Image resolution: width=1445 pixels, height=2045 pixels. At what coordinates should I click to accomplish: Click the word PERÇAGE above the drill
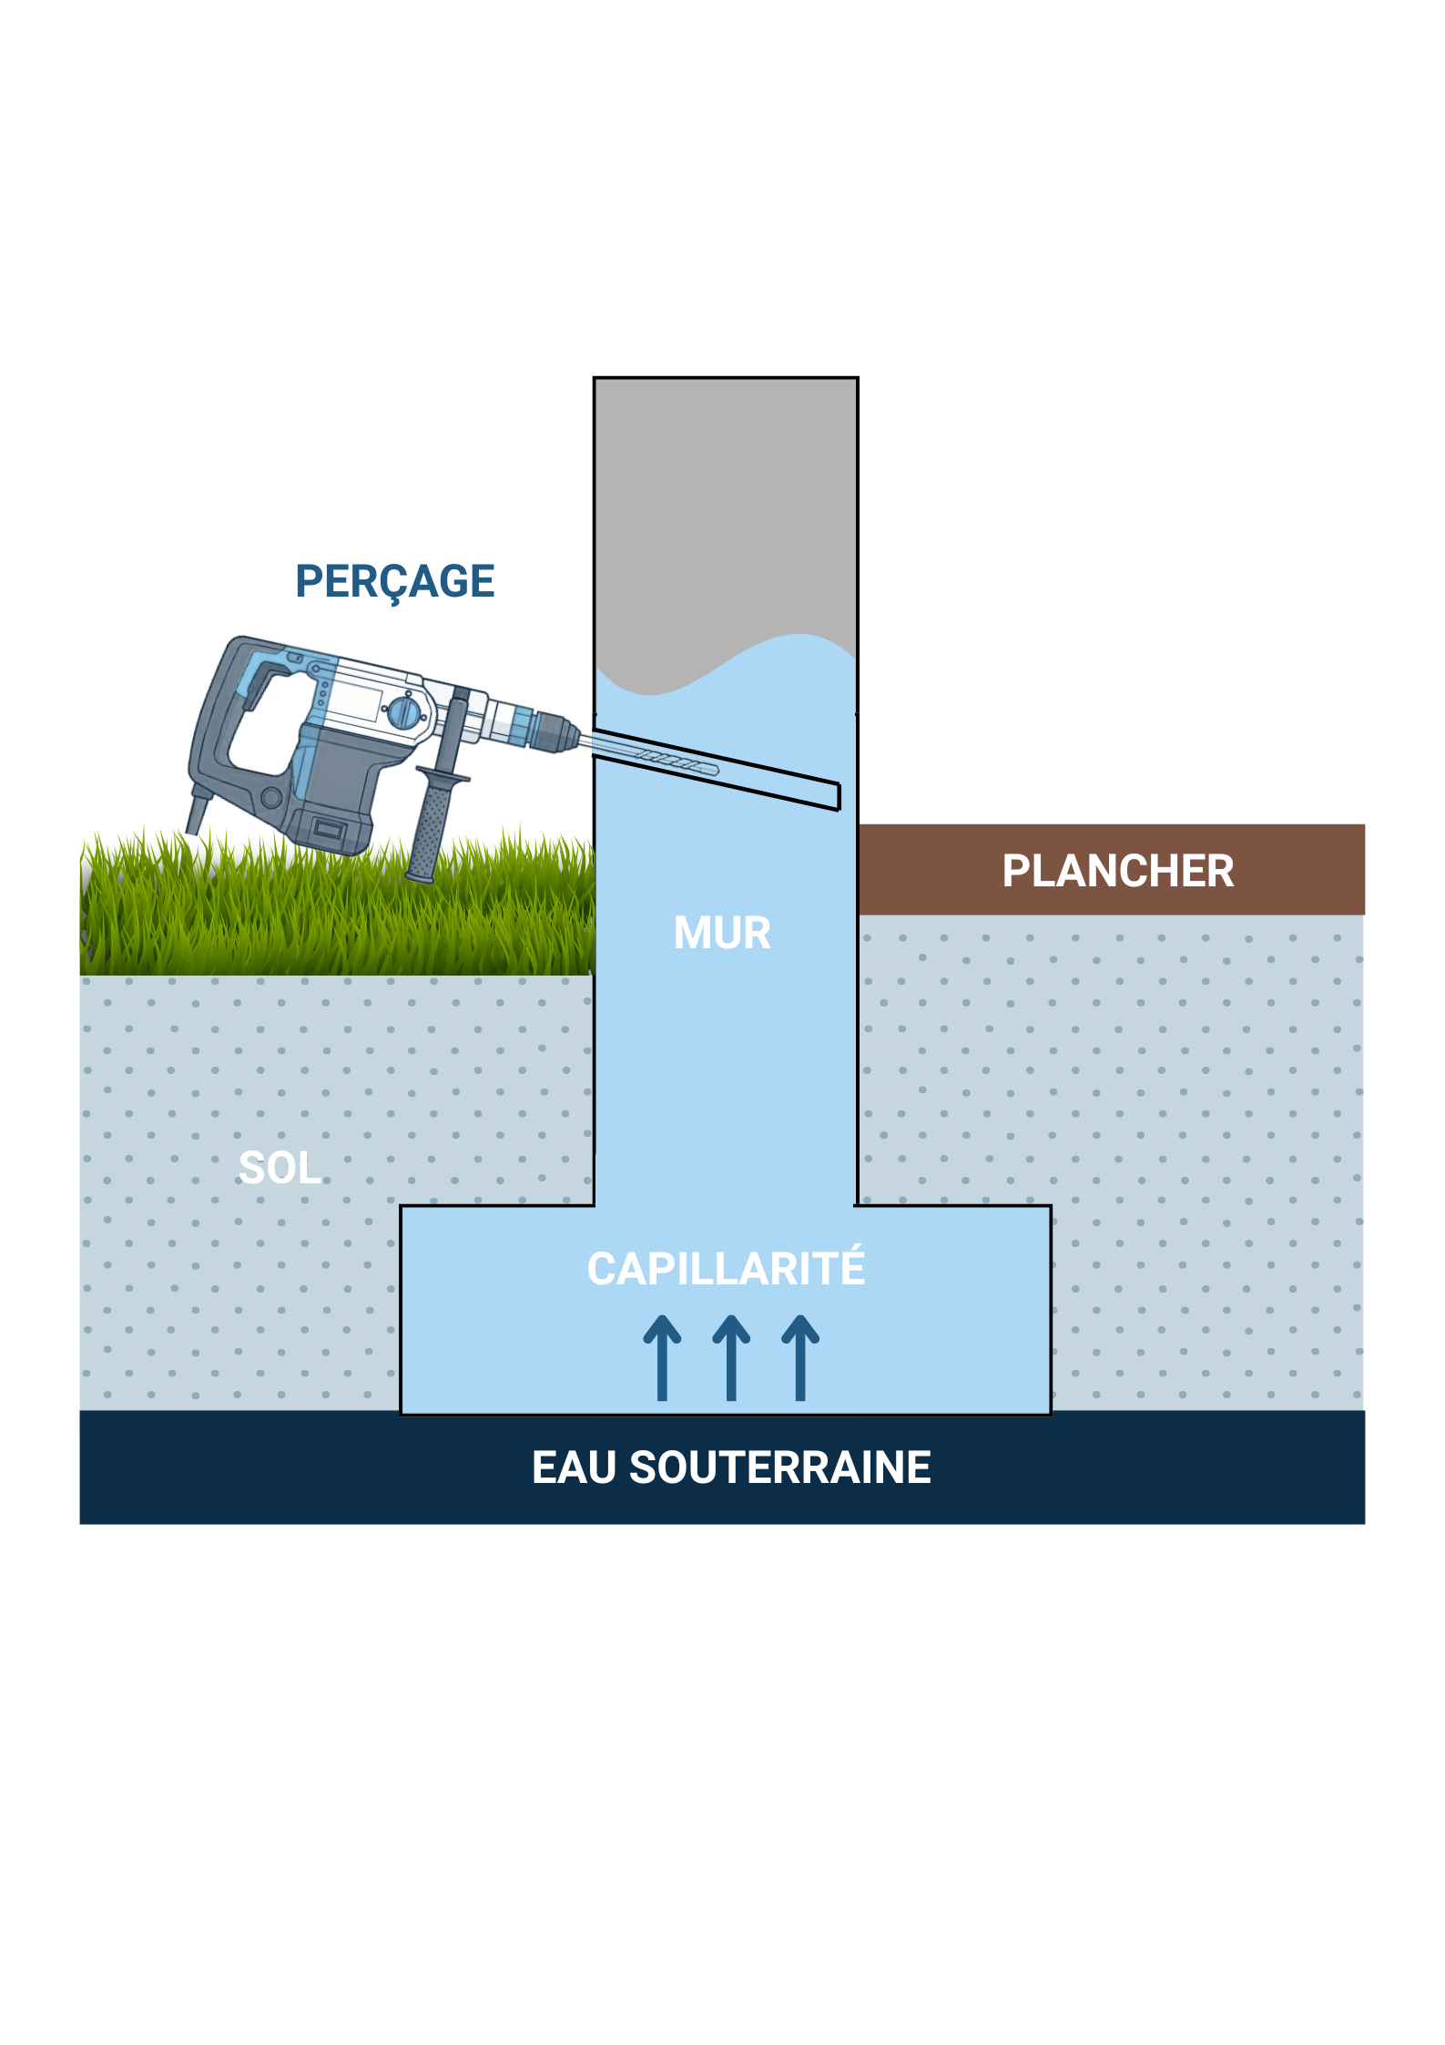tap(394, 581)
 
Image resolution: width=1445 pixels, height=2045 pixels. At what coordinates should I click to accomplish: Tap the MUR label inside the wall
tap(722, 933)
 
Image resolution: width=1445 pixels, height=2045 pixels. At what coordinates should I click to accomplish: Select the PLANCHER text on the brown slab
tap(1117, 871)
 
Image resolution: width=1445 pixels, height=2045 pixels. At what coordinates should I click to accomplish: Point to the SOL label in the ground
tap(280, 1168)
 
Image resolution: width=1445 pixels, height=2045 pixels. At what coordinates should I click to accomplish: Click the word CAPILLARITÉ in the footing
tap(726, 1268)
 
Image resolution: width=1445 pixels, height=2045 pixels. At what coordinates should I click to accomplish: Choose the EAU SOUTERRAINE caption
tap(731, 1467)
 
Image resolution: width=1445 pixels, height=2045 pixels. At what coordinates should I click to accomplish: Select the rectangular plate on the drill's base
tap(328, 829)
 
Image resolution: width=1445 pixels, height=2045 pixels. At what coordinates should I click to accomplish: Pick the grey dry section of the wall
tap(725, 510)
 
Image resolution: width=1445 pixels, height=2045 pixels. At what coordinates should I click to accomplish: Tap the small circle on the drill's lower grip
tap(271, 798)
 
